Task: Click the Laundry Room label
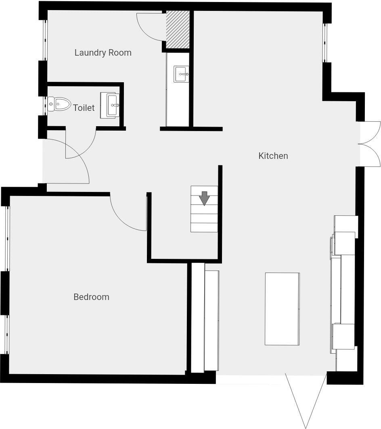[103, 53]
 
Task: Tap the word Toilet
[84, 108]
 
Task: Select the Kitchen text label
[273, 156]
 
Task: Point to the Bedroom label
[91, 297]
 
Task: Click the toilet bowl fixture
[59, 104]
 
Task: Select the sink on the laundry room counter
[181, 75]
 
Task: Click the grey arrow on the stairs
[205, 198]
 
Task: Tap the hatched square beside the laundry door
[178, 29]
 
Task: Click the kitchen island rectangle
[282, 309]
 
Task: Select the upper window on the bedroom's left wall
[6, 238]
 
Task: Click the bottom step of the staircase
[204, 227]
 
